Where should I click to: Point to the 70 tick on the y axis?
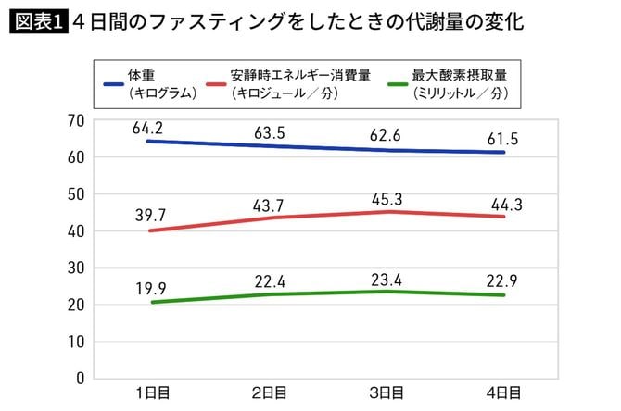[x=75, y=120]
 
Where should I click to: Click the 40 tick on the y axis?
[x=75, y=230]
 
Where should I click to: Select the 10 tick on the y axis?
[x=75, y=341]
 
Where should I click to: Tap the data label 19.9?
[x=148, y=286]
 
